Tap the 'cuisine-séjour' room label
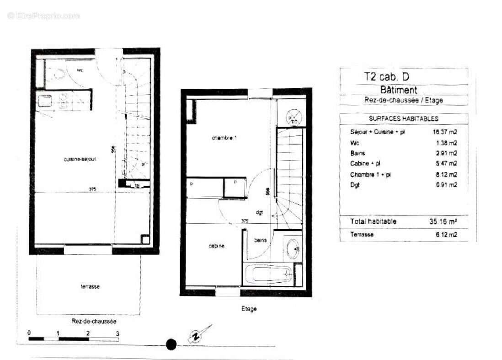click(80, 159)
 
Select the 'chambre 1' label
click(224, 138)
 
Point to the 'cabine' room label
click(216, 247)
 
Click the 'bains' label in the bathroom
click(261, 240)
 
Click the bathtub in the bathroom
click(268, 275)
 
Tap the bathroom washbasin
click(293, 249)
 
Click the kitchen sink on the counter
click(45, 102)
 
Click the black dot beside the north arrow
click(171, 344)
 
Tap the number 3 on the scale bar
click(117, 333)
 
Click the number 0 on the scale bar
click(29, 333)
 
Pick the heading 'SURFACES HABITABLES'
click(404, 118)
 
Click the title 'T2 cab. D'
click(383, 77)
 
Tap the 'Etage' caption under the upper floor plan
click(249, 309)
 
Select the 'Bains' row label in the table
click(358, 153)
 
